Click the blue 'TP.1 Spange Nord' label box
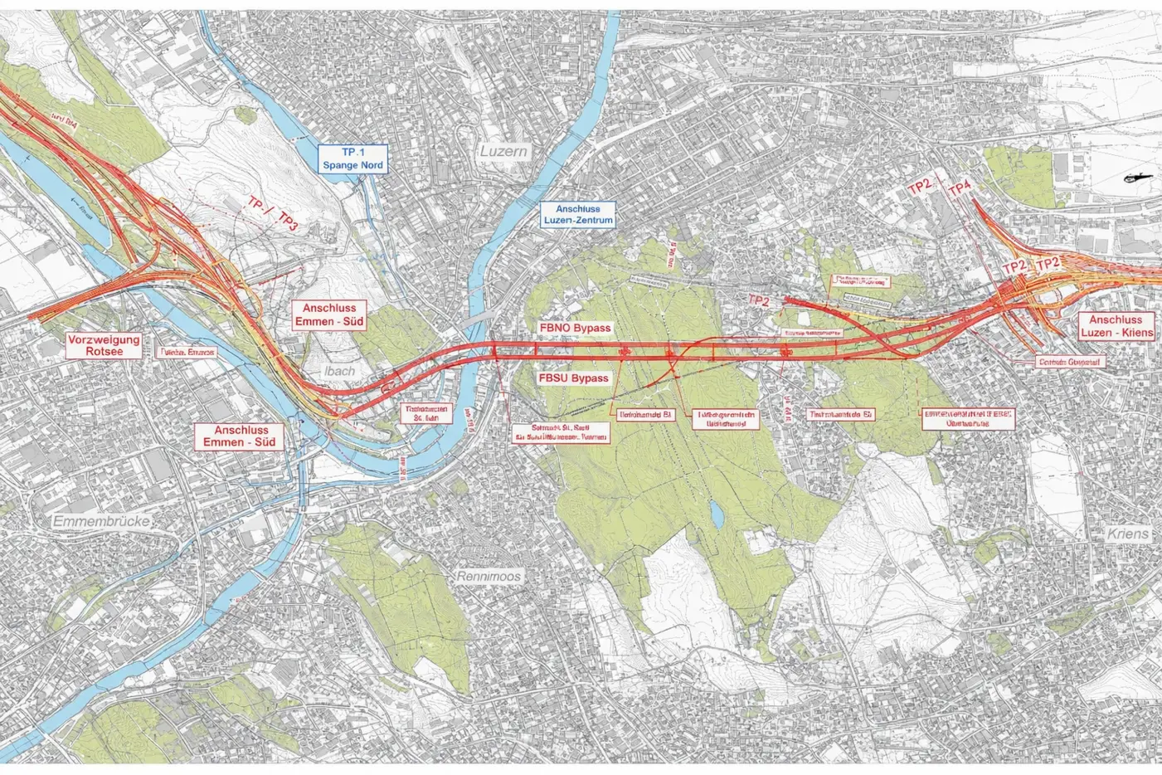[354, 158]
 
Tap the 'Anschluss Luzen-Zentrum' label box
[578, 214]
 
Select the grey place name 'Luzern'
[503, 153]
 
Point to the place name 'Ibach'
[339, 371]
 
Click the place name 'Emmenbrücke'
[100, 522]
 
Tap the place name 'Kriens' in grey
[1128, 533]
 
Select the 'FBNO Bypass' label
[575, 328]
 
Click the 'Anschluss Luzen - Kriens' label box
[1116, 326]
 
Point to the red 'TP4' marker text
[959, 189]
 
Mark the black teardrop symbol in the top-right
[1132, 178]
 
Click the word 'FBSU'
[555, 378]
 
